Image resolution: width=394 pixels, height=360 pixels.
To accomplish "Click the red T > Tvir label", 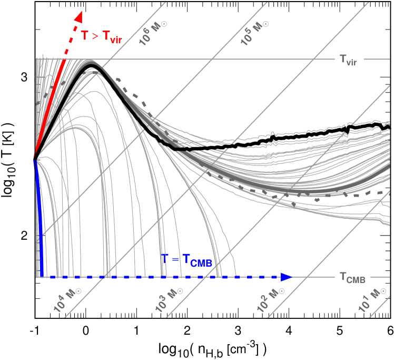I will pos(102,37).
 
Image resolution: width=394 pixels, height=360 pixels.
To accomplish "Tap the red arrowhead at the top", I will pos(78,17).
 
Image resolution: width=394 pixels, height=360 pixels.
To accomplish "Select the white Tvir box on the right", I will pos(349,63).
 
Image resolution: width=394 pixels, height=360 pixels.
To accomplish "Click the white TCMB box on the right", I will pos(352,277).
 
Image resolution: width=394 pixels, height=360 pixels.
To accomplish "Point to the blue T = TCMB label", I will pos(186,259).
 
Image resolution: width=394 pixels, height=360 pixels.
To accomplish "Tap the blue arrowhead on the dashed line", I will pos(287,277).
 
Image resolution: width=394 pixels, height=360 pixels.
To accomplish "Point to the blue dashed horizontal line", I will pos(158,277).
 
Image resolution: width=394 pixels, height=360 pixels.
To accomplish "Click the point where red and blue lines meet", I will pos(35,157).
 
